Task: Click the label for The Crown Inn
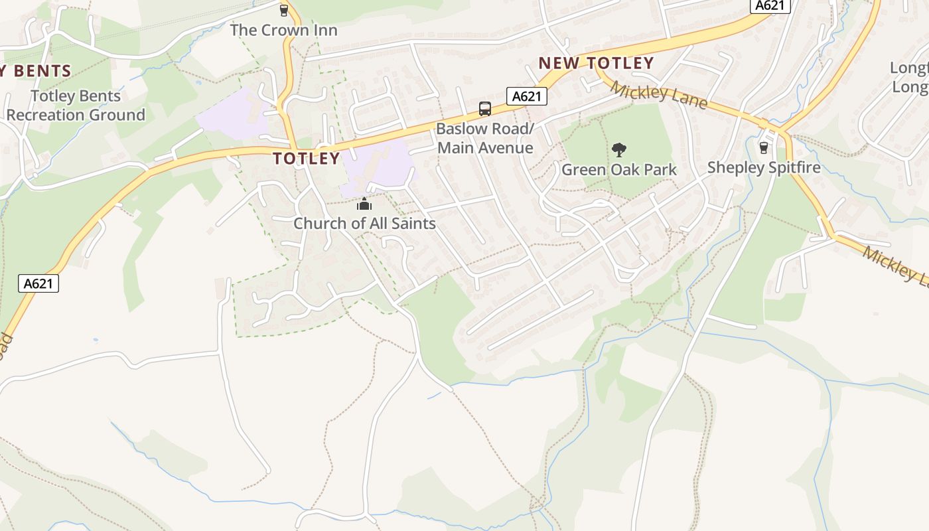[283, 30]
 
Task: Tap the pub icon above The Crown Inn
[284, 10]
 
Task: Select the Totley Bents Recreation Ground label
[76, 106]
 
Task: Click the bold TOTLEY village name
[307, 159]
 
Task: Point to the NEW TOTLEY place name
[596, 63]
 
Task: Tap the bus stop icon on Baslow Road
[485, 109]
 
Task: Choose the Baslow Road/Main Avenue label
[485, 138]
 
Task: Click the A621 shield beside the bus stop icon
[527, 96]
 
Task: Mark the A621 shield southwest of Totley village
[38, 283]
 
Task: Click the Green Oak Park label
[619, 169]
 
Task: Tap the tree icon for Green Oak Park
[619, 150]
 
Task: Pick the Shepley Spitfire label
[764, 167]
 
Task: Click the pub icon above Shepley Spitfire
[764, 147]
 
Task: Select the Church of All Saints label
[364, 223]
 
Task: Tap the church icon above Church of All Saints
[364, 204]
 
